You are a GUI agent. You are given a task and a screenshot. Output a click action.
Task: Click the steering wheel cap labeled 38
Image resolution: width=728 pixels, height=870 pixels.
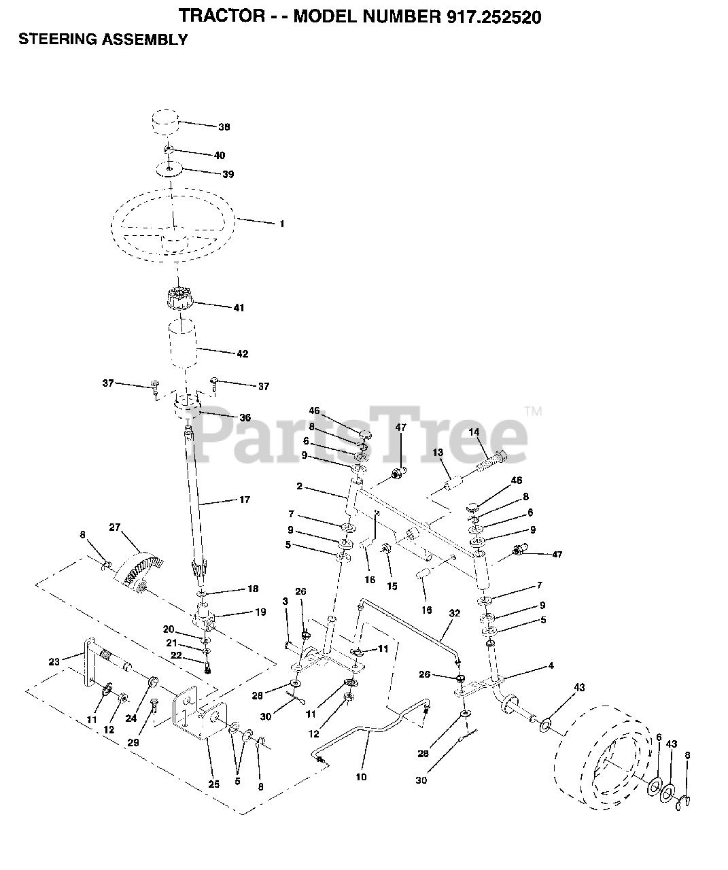[x=164, y=126]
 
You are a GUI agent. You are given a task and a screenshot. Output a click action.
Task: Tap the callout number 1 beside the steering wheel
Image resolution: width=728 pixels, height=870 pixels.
[x=281, y=224]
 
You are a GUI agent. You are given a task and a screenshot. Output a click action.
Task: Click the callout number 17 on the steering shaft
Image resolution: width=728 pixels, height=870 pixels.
[x=244, y=500]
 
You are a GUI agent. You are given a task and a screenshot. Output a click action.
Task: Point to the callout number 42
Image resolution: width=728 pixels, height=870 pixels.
[x=242, y=354]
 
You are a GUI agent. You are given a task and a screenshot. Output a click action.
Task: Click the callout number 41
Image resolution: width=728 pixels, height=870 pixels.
[x=238, y=308]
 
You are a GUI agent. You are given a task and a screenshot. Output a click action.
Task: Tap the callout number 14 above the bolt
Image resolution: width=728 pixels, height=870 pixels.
[x=474, y=432]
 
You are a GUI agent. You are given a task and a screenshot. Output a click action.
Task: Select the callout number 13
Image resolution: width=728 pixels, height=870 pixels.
[x=437, y=453]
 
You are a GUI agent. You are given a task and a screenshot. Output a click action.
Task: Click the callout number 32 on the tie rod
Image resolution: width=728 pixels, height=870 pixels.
[x=455, y=613]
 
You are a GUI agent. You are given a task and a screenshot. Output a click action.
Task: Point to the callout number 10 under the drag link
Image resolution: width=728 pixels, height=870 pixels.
[x=360, y=776]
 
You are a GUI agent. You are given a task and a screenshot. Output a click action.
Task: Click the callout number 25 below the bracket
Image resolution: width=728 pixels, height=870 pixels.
[x=214, y=784]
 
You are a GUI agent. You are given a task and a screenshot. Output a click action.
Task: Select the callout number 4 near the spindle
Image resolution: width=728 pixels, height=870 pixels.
[x=551, y=666]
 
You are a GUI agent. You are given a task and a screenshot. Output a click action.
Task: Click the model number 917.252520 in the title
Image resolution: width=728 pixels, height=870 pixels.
[x=484, y=17]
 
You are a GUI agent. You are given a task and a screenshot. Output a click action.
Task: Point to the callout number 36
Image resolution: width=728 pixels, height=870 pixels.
[x=245, y=417]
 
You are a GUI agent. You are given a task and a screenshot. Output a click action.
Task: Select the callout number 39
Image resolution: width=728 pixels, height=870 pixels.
[x=228, y=175]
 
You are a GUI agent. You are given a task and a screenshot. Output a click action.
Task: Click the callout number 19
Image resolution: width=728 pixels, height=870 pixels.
[x=260, y=612]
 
